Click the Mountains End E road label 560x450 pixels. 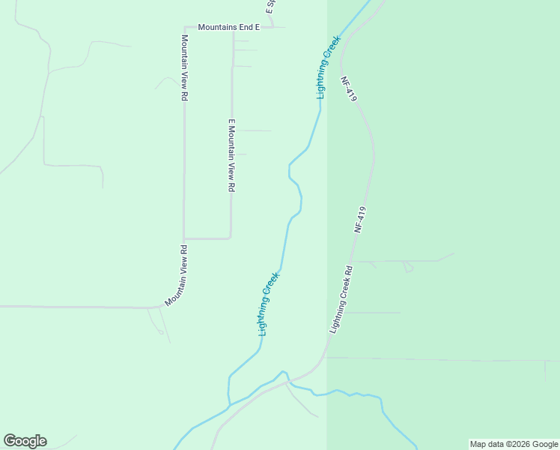[x=228, y=27]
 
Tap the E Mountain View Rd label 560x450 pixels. [x=232, y=156]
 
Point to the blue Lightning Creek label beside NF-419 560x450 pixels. [x=327, y=67]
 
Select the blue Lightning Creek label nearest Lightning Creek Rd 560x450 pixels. [x=269, y=303]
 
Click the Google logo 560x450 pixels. [x=25, y=441]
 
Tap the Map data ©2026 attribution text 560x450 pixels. [x=514, y=444]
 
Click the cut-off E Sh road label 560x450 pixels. [x=270, y=7]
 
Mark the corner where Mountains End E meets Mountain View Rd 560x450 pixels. [x=184, y=28]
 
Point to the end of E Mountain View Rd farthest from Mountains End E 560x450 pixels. [x=231, y=237]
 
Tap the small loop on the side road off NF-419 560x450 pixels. [x=408, y=266]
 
